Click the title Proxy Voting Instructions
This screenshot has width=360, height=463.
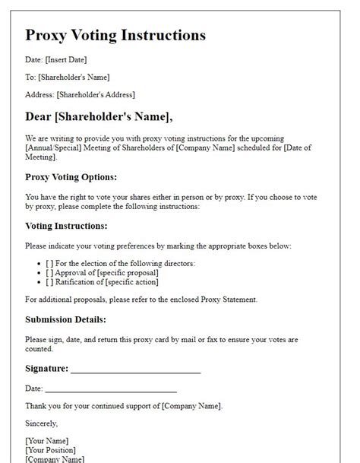click(x=115, y=36)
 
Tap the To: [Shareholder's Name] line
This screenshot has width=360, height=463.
click(x=68, y=77)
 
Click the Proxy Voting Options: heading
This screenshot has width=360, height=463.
click(x=71, y=176)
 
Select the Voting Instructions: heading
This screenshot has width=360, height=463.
click(x=68, y=226)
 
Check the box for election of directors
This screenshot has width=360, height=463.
click(x=49, y=263)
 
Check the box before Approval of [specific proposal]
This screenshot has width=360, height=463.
click(x=49, y=272)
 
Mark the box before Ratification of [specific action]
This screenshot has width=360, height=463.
click(x=49, y=281)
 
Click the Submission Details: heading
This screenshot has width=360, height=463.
click(x=65, y=319)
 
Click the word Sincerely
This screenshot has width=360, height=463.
click(x=42, y=423)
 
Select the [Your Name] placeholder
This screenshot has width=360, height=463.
click(x=46, y=441)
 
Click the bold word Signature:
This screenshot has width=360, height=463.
click(x=46, y=369)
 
